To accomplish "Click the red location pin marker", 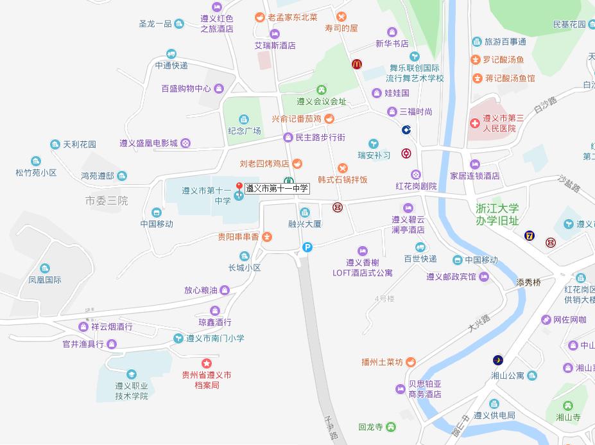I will pyautogui.click(x=239, y=187).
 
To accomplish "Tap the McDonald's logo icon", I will pyautogui.click(x=356, y=64).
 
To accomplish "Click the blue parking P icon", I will pyautogui.click(x=307, y=247).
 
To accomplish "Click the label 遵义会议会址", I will pyautogui.click(x=321, y=101).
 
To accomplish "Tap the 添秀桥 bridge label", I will pyautogui.click(x=529, y=282).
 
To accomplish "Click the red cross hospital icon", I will pyautogui.click(x=474, y=123).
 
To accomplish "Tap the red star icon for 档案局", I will pyautogui.click(x=206, y=363).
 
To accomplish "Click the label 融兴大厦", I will pyautogui.click(x=304, y=224).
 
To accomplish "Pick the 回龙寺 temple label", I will pyautogui.click(x=370, y=427).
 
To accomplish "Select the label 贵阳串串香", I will pyautogui.click(x=238, y=237).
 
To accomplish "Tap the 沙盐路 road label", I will pyautogui.click(x=569, y=185).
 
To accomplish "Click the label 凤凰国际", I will pyautogui.click(x=45, y=280).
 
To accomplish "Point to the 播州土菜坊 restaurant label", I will pyautogui.click(x=382, y=362).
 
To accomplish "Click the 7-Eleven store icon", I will pyautogui.click(x=529, y=236).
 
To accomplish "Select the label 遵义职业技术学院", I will pyautogui.click(x=132, y=391).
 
